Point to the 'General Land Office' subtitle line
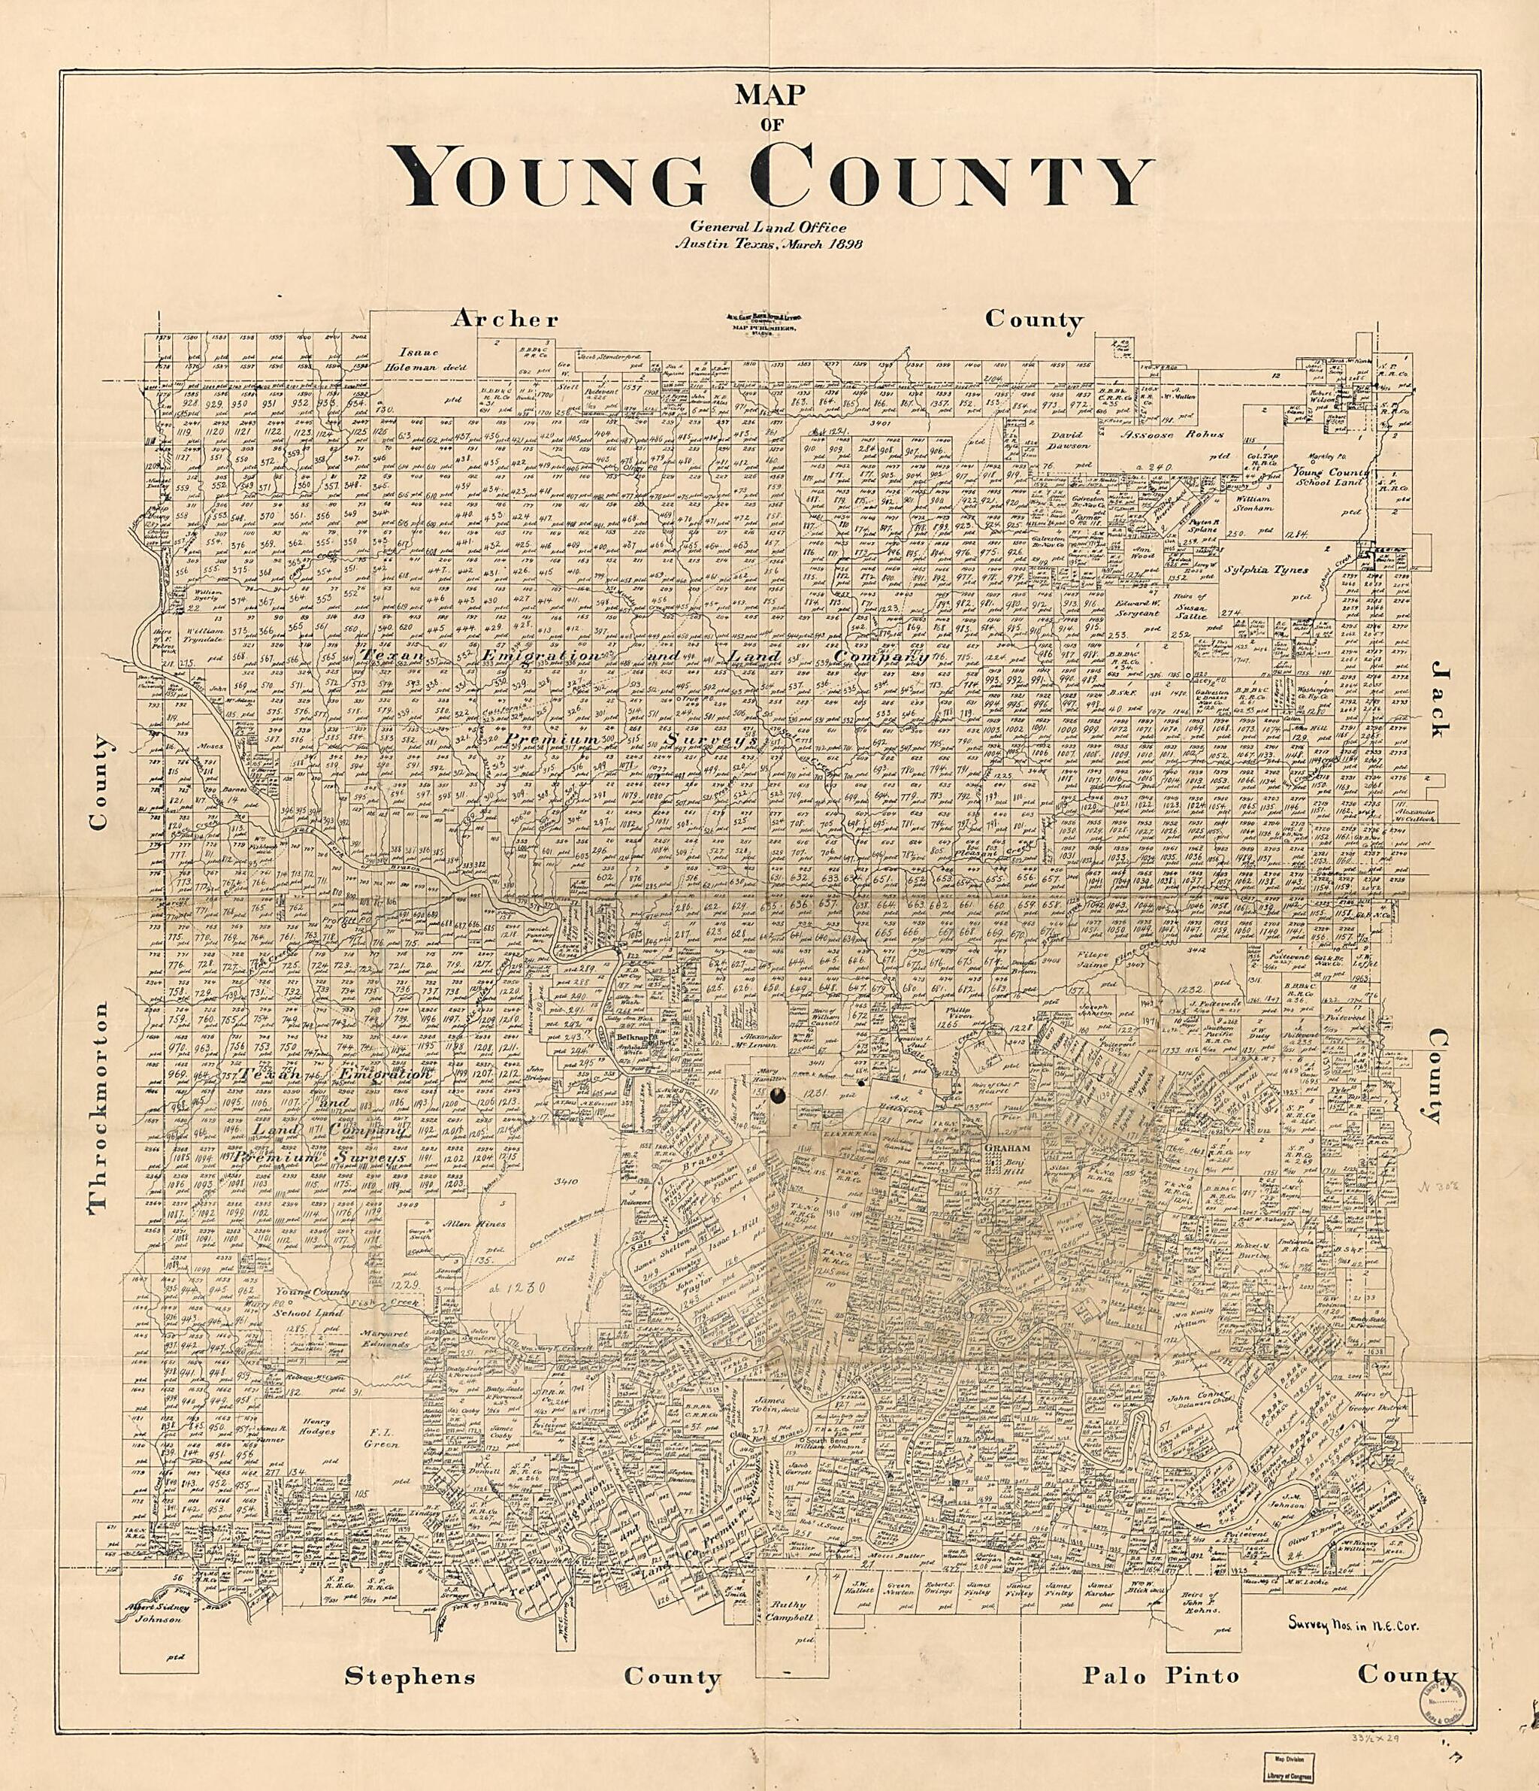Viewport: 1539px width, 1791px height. pyautogui.click(x=768, y=227)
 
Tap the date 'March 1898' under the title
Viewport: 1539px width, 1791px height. pyautogui.click(x=819, y=244)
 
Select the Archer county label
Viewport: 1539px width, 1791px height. pyautogui.click(x=506, y=320)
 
